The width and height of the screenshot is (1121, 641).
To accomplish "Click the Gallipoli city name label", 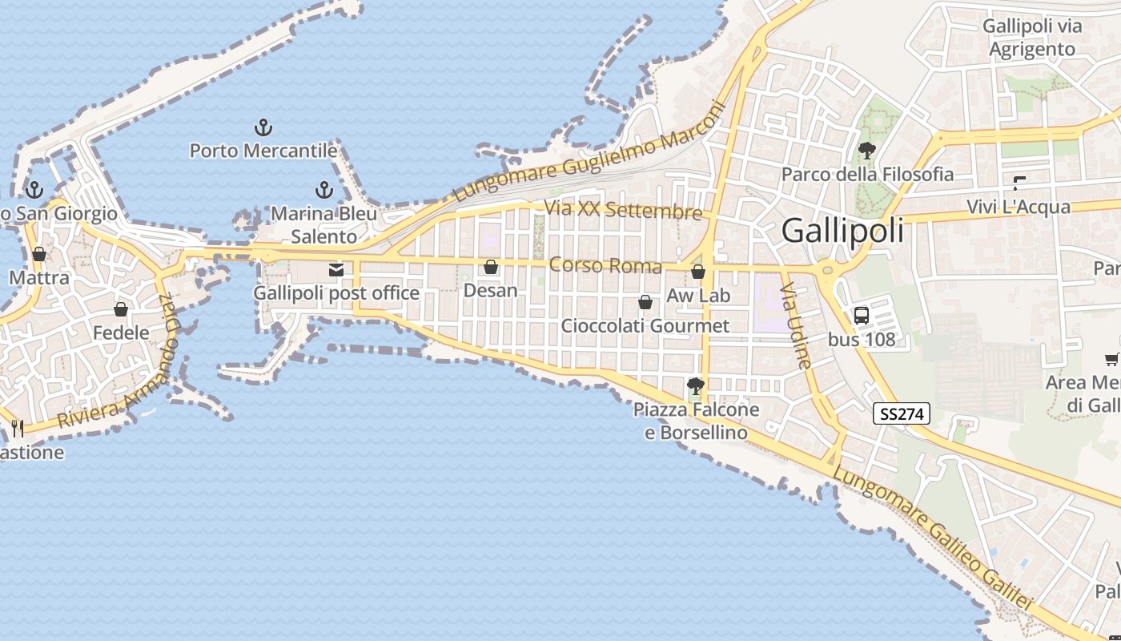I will pyautogui.click(x=842, y=231).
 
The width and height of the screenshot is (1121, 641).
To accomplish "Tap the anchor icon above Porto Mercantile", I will pyautogui.click(x=263, y=127).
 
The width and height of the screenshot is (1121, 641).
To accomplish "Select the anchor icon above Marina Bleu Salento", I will pyautogui.click(x=323, y=190).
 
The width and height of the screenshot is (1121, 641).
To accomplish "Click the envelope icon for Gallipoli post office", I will pyautogui.click(x=336, y=270).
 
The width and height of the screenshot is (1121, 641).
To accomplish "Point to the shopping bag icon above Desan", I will pyautogui.click(x=491, y=267).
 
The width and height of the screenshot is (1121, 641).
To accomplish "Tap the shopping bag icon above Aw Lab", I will pyautogui.click(x=698, y=272).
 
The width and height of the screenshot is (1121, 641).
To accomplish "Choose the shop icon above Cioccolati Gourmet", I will pyautogui.click(x=645, y=302).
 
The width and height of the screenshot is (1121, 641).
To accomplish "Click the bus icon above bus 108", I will pyautogui.click(x=862, y=315).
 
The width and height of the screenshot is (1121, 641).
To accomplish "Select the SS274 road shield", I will pyautogui.click(x=901, y=413).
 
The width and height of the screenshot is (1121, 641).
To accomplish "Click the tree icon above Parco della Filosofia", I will pyautogui.click(x=866, y=150).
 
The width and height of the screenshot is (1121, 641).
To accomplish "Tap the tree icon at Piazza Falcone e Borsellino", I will pyautogui.click(x=695, y=387).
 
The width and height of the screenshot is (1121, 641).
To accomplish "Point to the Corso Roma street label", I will pyautogui.click(x=605, y=265).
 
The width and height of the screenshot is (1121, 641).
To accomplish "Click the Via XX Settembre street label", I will pyautogui.click(x=623, y=210).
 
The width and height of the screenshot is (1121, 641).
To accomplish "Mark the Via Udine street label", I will pyautogui.click(x=797, y=325).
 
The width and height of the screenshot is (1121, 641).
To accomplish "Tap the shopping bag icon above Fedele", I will pyautogui.click(x=121, y=309).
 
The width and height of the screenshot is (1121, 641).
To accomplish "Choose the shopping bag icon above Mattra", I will pyautogui.click(x=38, y=255).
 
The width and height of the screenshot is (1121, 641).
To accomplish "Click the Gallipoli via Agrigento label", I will pyautogui.click(x=1032, y=38).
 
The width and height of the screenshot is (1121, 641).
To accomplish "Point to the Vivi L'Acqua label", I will pyautogui.click(x=1019, y=207).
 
